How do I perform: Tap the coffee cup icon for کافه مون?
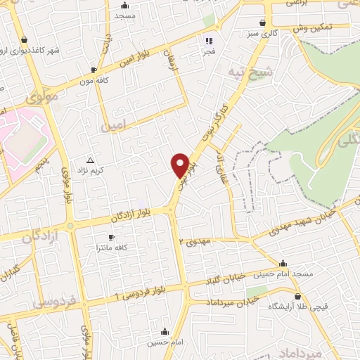point(93,70)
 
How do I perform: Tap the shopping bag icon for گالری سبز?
point(263,22)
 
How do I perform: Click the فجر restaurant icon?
point(209,40)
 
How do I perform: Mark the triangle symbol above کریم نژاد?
point(89,160)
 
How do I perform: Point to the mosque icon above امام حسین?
point(165,331)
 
